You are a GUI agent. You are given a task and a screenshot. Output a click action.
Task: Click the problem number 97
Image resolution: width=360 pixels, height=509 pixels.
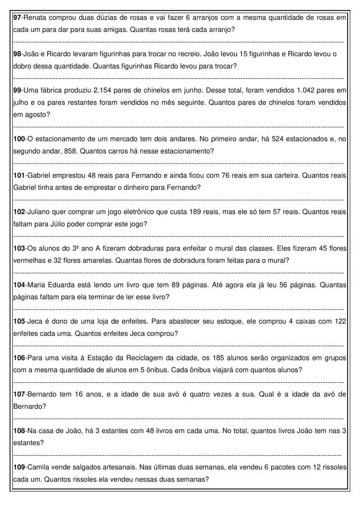tap(17, 18)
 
